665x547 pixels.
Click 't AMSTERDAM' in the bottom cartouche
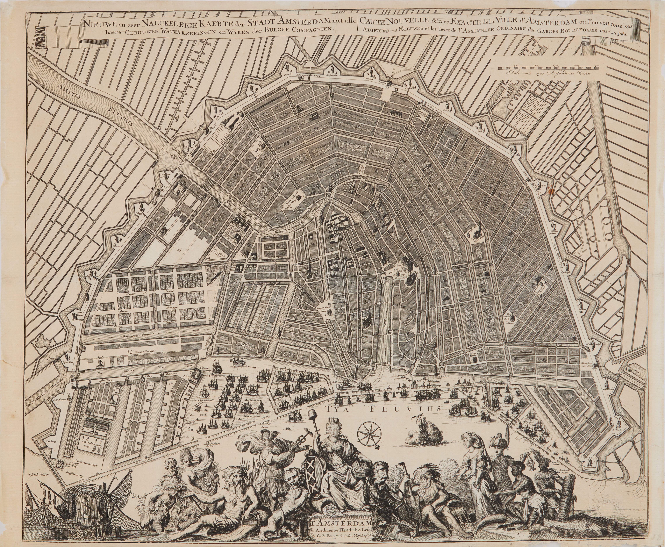coord(336,525)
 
